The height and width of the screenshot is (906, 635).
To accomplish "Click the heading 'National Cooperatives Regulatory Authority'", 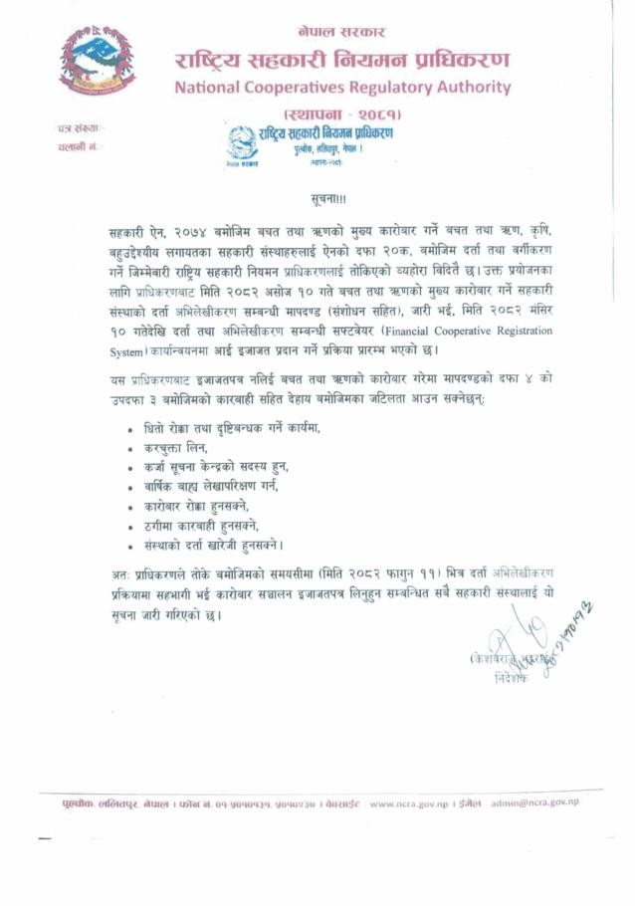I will coord(341,88).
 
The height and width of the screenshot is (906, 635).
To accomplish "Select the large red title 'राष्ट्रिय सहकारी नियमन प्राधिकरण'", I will coord(341,60).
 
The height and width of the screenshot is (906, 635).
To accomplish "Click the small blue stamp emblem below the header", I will coord(243,143).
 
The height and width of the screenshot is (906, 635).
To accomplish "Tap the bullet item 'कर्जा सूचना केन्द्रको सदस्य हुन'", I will coord(229,466).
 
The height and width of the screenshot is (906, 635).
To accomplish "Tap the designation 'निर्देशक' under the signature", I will coord(513,678).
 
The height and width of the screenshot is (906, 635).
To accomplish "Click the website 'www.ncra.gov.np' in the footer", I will coord(405,801).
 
